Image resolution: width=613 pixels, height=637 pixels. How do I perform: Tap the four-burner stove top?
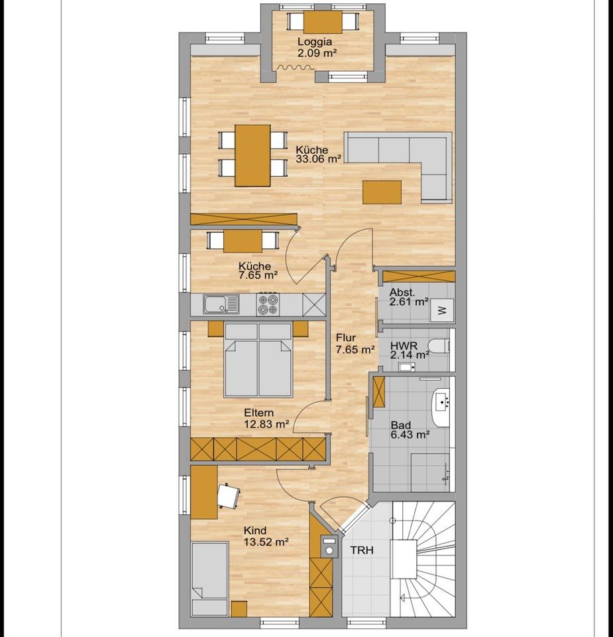coord(268,305)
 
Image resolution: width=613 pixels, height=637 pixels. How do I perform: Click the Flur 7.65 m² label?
coord(355,343)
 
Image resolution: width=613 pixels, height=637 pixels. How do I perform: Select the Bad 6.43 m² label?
coord(410,429)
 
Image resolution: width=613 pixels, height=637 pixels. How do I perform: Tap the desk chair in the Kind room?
coord(228,494)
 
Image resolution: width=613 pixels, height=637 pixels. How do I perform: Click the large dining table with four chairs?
coord(252,155)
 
